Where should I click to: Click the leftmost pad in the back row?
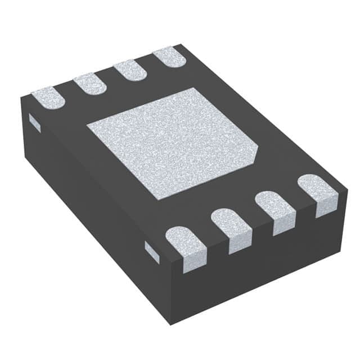click(x=48, y=97)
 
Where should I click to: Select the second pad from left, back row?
click(x=90, y=83)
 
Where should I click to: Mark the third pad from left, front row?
click(x=276, y=211)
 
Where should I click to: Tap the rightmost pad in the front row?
click(x=318, y=193)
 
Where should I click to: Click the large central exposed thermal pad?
click(x=169, y=143)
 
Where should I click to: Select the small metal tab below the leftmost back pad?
click(x=34, y=124)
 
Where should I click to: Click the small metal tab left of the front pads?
click(x=152, y=251)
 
